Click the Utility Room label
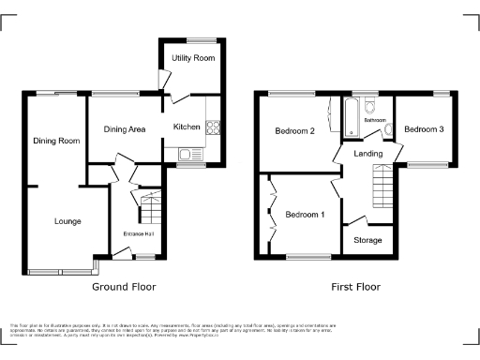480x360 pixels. click(x=192, y=58)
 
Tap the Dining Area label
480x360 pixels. click(x=124, y=129)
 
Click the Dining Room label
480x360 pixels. click(x=56, y=141)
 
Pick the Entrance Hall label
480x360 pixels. click(x=137, y=233)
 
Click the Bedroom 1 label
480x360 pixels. click(x=304, y=215)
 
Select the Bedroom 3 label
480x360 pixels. click(x=424, y=129)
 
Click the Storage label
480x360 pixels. click(x=368, y=240)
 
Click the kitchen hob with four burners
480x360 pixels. click(x=213, y=127)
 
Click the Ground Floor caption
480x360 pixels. click(x=124, y=287)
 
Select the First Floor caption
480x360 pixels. click(x=353, y=287)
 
